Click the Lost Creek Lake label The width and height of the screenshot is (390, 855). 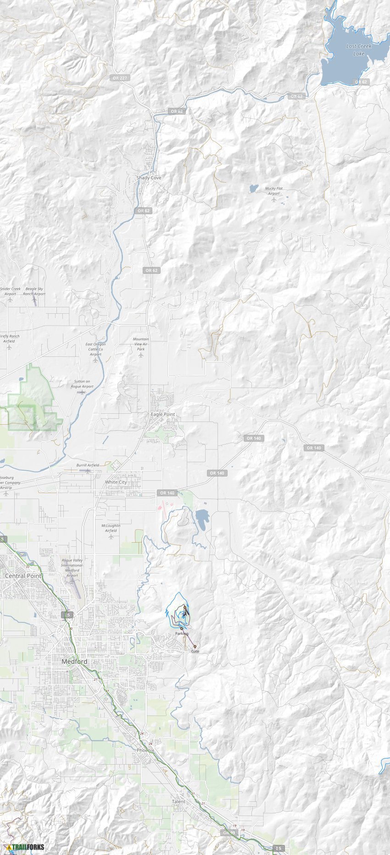coord(359,50)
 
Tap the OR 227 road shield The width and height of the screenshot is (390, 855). coord(120,78)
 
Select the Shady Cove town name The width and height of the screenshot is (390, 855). coord(149,178)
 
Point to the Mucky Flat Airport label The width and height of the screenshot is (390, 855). coord(274,191)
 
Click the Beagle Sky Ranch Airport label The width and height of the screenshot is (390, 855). coord(34,291)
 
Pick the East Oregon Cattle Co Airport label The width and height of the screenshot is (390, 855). coord(95,349)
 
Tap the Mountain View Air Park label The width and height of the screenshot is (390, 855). coord(141,344)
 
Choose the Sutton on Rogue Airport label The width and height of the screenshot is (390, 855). coord(82,384)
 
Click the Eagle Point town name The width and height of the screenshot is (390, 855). coord(163,414)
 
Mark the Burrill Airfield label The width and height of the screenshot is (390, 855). coord(88,465)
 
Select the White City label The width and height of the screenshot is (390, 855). coord(116,482)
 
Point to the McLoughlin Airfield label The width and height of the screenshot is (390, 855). coord(111,528)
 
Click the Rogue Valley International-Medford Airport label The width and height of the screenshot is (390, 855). coord(72,568)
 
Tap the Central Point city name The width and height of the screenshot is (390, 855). coord(23,576)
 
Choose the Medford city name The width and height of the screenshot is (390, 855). coord(74,661)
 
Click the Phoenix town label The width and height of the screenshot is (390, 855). coord(145,750)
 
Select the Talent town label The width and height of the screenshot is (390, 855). coord(178,801)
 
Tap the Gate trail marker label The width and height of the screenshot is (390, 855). coord(195,651)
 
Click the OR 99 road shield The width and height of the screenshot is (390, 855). coord(229,833)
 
